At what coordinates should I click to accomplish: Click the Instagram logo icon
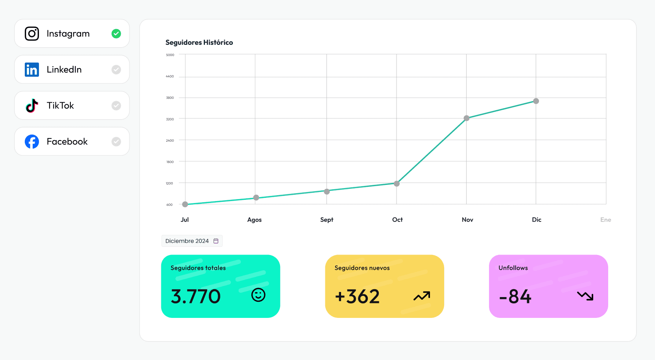pos(32,34)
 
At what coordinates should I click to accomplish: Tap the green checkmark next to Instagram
pos(116,34)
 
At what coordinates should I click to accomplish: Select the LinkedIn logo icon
pos(32,70)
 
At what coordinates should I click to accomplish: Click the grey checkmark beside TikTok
pos(116,105)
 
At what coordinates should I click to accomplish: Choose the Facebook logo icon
pos(32,142)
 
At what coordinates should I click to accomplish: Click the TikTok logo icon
pos(32,105)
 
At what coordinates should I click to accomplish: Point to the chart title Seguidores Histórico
pos(199,42)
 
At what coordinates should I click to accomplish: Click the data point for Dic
pos(536,101)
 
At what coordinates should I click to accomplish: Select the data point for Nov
pos(467,118)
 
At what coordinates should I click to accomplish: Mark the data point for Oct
pos(397,183)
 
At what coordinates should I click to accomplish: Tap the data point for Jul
pos(185,204)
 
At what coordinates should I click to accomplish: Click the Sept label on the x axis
pos(327,220)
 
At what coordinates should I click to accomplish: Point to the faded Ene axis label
pos(605,220)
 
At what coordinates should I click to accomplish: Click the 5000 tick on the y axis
pos(170,55)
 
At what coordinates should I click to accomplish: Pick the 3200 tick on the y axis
pos(170,119)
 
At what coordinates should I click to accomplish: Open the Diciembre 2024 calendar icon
pos(216,241)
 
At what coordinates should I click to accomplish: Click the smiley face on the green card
pos(258,295)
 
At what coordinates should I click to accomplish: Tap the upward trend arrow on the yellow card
pos(422,296)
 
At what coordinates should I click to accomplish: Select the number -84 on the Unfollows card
pos(515,297)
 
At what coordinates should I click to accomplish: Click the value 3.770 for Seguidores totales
pos(196,297)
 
